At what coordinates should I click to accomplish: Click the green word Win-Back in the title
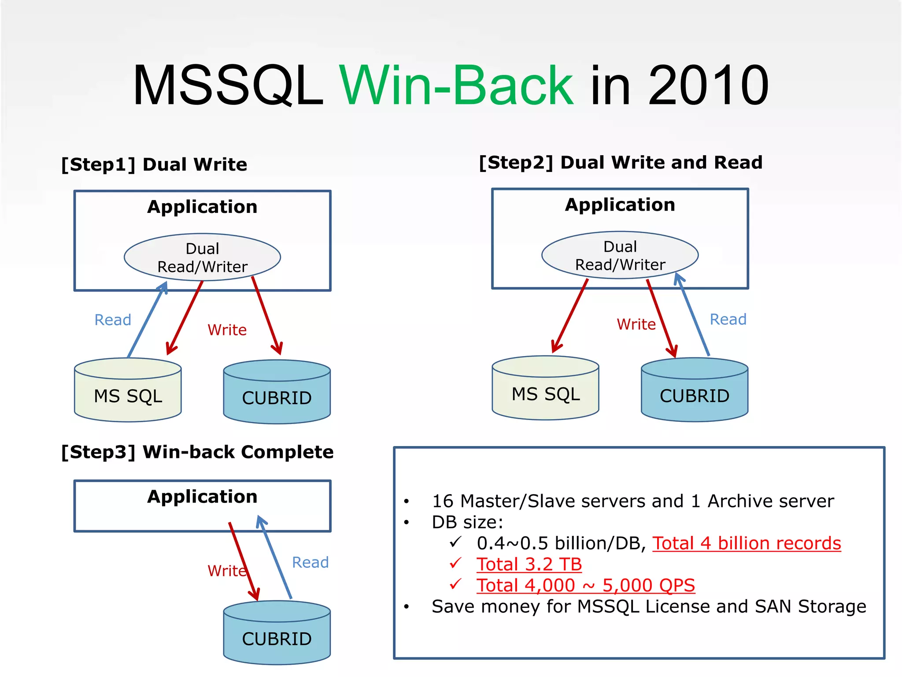click(456, 86)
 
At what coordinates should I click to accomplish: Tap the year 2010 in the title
click(708, 86)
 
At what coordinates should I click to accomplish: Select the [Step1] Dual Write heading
click(154, 164)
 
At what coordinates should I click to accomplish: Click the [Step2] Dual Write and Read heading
click(620, 163)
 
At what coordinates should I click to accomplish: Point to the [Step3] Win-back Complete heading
click(197, 452)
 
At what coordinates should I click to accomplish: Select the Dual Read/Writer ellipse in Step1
click(202, 257)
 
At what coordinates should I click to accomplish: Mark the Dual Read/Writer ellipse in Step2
click(620, 255)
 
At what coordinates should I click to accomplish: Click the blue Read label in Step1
click(113, 320)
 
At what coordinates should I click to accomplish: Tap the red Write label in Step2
click(636, 324)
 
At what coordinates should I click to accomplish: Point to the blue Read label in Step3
click(310, 562)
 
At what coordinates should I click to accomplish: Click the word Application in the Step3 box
click(202, 497)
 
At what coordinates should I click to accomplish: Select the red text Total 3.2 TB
click(529, 565)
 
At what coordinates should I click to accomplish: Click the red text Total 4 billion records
click(746, 543)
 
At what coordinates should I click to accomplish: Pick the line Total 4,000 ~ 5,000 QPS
click(585, 586)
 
